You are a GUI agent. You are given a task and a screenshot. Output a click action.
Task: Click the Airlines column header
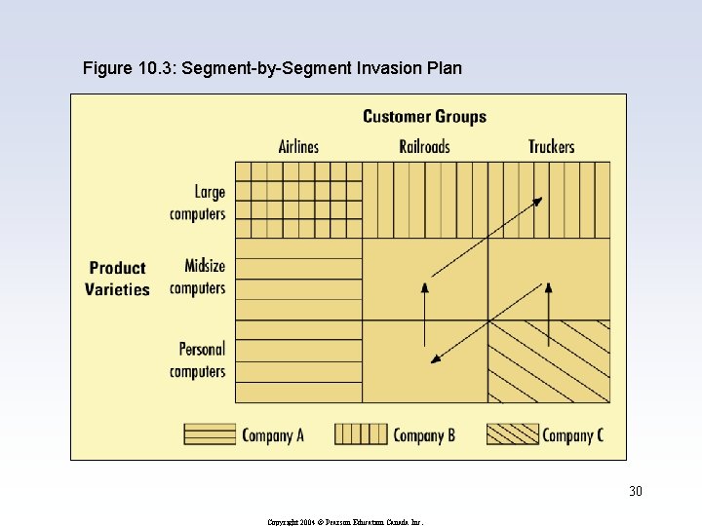coord(298,147)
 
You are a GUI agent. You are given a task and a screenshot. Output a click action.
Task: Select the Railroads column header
coord(424,147)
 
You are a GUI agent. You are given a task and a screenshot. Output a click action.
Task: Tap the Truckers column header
coord(551,147)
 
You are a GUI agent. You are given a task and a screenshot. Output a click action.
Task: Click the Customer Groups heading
coord(424,117)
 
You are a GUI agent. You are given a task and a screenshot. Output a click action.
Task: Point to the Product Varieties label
coord(117,279)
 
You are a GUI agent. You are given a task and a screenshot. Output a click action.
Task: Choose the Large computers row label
coord(197,203)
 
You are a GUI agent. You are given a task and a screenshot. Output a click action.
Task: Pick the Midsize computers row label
coord(197,277)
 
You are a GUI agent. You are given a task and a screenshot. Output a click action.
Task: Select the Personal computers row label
coord(197,359)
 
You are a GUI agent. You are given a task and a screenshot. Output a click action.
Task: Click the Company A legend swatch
coord(210,434)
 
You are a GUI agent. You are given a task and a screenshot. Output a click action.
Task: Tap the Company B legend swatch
coord(361,434)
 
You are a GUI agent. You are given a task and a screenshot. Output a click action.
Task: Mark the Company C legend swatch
coord(512,434)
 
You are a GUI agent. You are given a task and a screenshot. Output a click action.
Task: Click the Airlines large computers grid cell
coord(298,200)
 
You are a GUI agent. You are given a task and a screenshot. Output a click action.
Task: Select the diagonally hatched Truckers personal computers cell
coord(549,361)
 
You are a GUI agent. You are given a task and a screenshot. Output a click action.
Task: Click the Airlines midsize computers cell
coord(298,279)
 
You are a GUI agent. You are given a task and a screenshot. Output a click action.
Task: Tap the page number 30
coord(635,491)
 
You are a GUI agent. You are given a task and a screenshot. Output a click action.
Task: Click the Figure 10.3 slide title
coord(272,68)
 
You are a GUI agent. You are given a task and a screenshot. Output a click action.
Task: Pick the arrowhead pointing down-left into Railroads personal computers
coord(436,359)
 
